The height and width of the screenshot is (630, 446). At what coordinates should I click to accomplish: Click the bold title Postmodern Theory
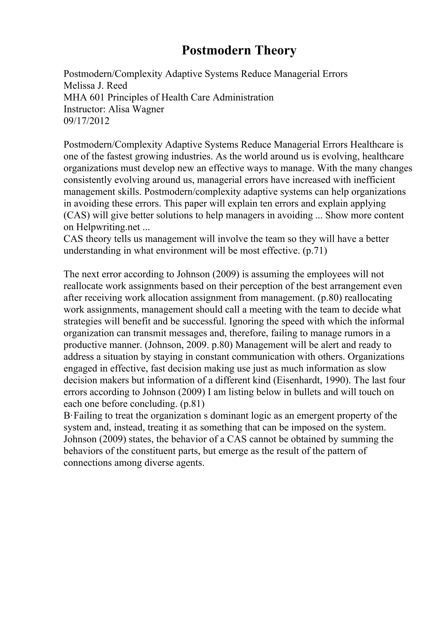(x=239, y=50)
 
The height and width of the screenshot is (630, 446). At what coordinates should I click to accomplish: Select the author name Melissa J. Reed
(x=95, y=86)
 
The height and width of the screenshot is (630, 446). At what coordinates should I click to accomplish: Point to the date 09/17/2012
(x=86, y=121)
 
